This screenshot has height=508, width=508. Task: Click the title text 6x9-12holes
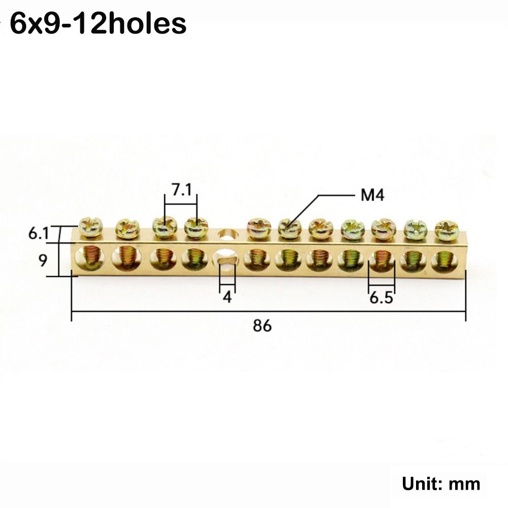(x=98, y=23)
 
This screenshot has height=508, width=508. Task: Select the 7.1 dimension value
(x=181, y=191)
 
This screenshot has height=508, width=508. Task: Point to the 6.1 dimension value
(x=38, y=234)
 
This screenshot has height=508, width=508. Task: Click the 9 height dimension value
(x=43, y=261)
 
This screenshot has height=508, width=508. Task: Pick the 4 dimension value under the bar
(x=227, y=297)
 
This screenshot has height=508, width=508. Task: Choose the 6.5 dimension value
(x=381, y=298)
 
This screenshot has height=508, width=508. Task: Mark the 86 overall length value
(x=262, y=326)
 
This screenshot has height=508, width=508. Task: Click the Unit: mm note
(x=441, y=484)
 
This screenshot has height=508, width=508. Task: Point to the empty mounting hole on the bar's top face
(x=226, y=235)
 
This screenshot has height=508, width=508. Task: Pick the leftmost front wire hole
(x=89, y=258)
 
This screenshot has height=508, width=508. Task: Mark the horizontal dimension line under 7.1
(x=180, y=204)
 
